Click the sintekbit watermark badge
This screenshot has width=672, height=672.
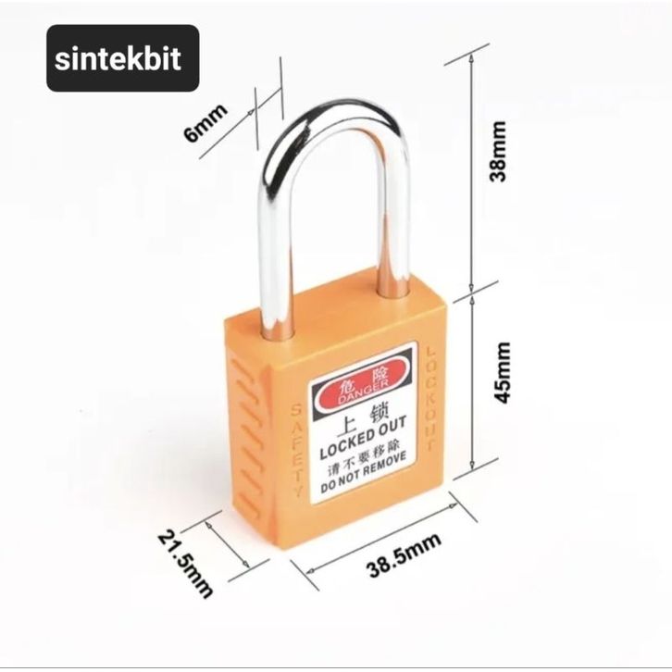[x=122, y=58]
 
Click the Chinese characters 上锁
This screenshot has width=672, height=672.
[x=351, y=422]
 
